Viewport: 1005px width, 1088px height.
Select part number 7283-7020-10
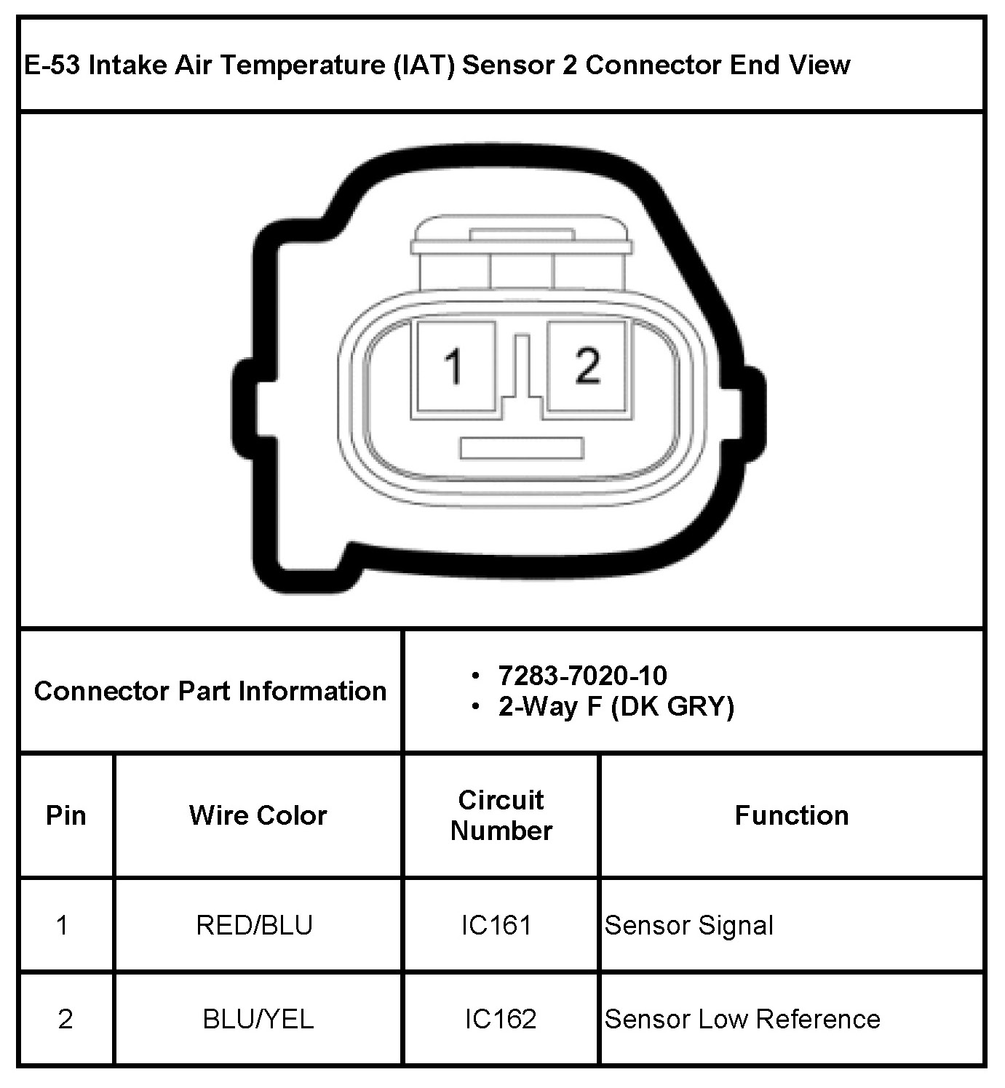tap(582, 676)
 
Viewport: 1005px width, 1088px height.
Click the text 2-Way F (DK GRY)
tap(616, 706)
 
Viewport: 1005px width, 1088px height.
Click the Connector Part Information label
tap(210, 691)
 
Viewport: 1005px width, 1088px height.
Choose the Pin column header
tap(66, 815)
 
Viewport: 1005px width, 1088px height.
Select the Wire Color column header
tap(258, 815)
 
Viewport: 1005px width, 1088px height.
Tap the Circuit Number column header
tap(501, 815)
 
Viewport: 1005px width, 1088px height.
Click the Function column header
tap(792, 815)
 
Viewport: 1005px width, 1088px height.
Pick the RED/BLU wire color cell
tap(255, 925)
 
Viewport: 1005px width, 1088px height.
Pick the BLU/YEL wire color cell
tap(258, 1019)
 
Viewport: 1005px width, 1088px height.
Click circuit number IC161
tap(496, 925)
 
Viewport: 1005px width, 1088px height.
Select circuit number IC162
tap(501, 1019)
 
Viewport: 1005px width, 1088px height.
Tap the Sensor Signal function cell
tap(688, 925)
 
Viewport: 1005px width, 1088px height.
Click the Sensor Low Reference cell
tap(742, 1019)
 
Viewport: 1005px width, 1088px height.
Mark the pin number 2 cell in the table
tap(65, 1019)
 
